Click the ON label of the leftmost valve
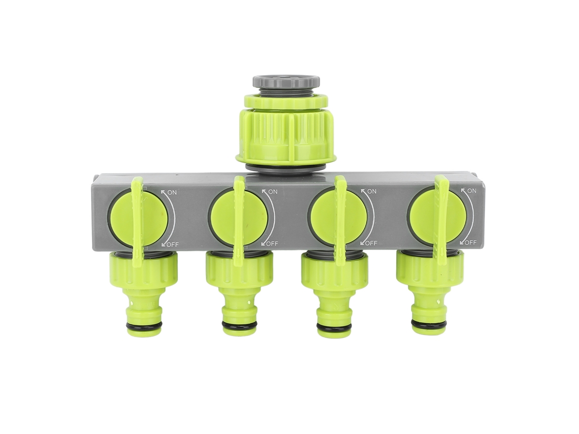(172, 192)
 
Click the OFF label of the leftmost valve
(173, 244)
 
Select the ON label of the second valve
(273, 191)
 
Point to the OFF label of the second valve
(272, 243)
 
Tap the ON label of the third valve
(372, 191)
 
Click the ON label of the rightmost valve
(471, 191)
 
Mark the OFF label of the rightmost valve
(470, 243)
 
